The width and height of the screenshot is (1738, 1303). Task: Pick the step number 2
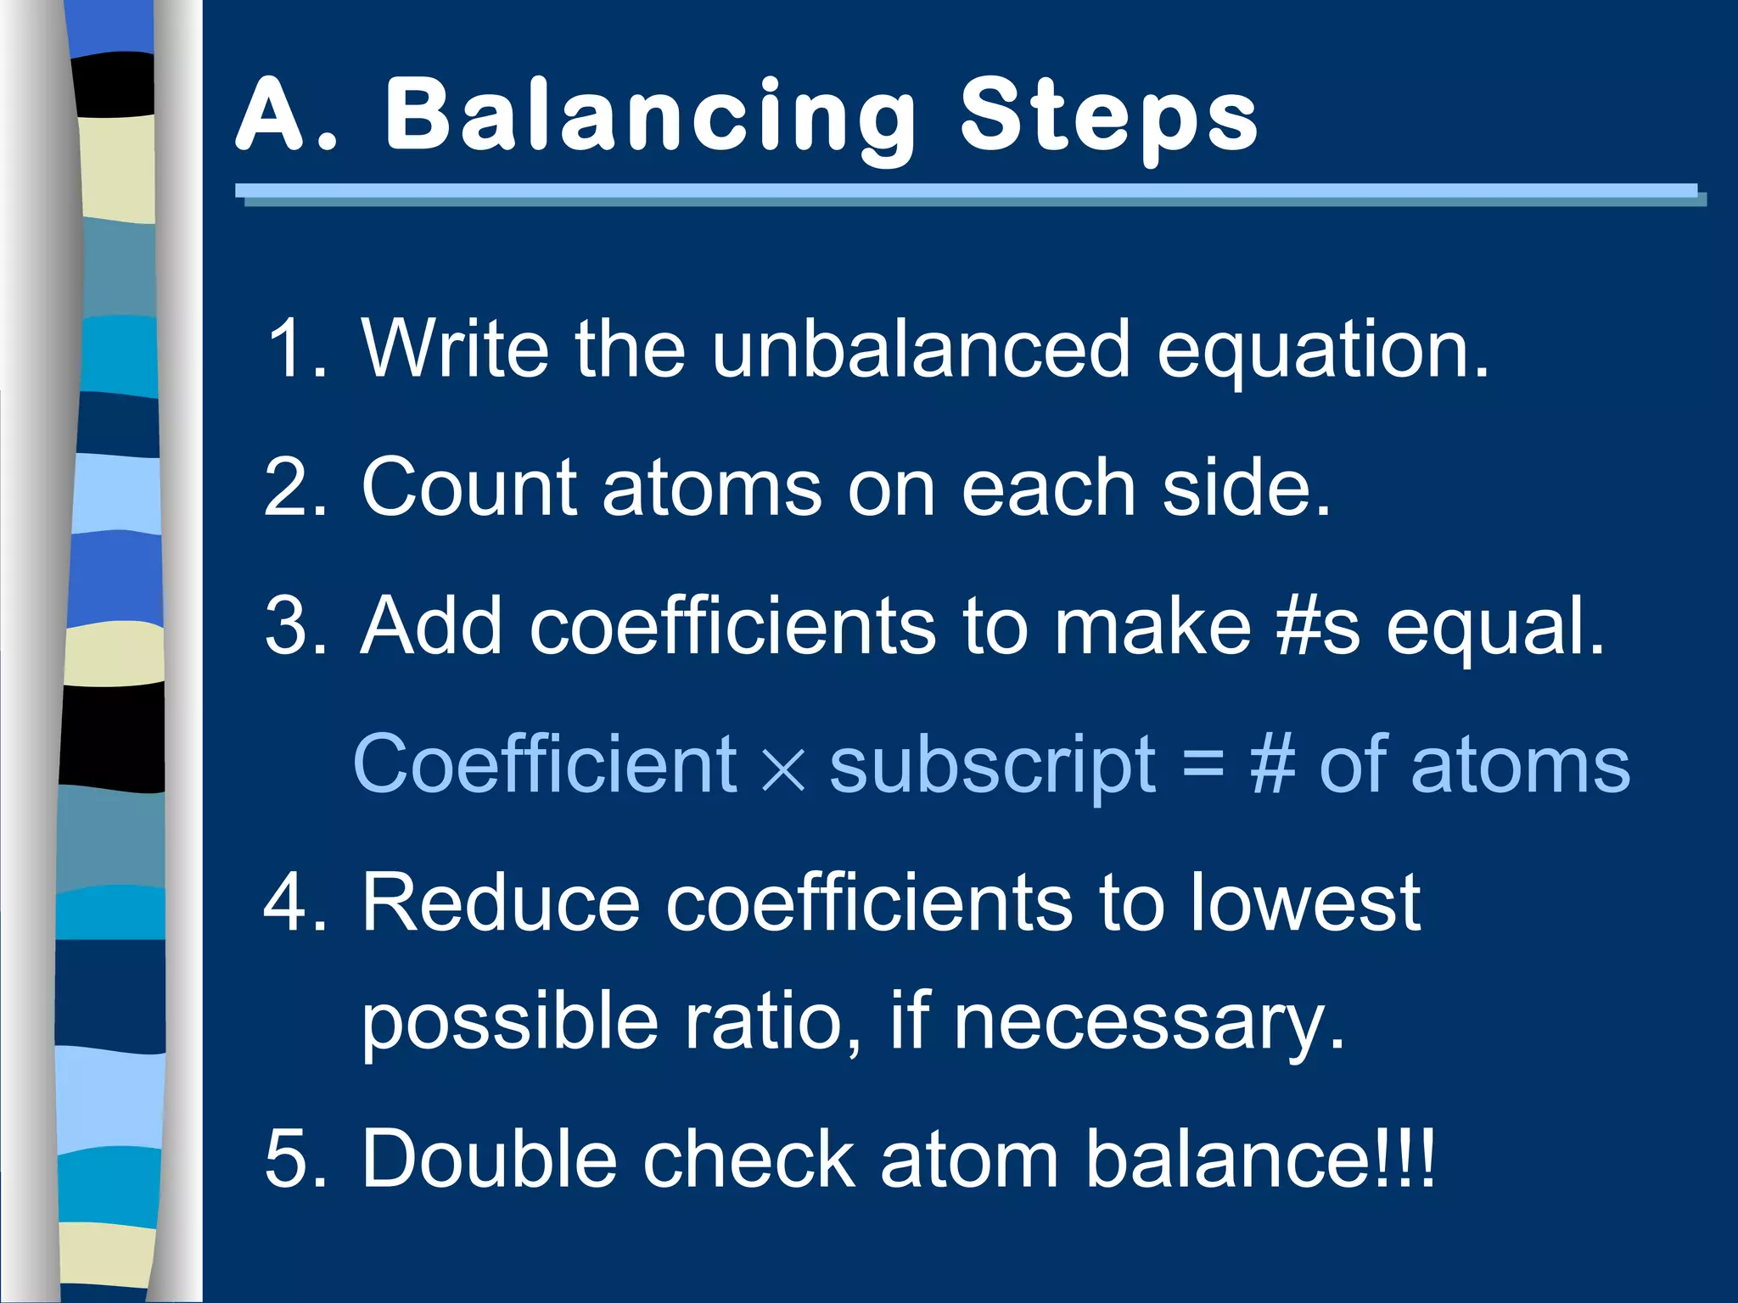(293, 487)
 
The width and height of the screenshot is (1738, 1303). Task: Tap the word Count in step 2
(469, 487)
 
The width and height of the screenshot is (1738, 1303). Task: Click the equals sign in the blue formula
(1203, 763)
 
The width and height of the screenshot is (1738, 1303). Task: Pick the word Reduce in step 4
(501, 903)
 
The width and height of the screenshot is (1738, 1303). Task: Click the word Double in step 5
(489, 1159)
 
